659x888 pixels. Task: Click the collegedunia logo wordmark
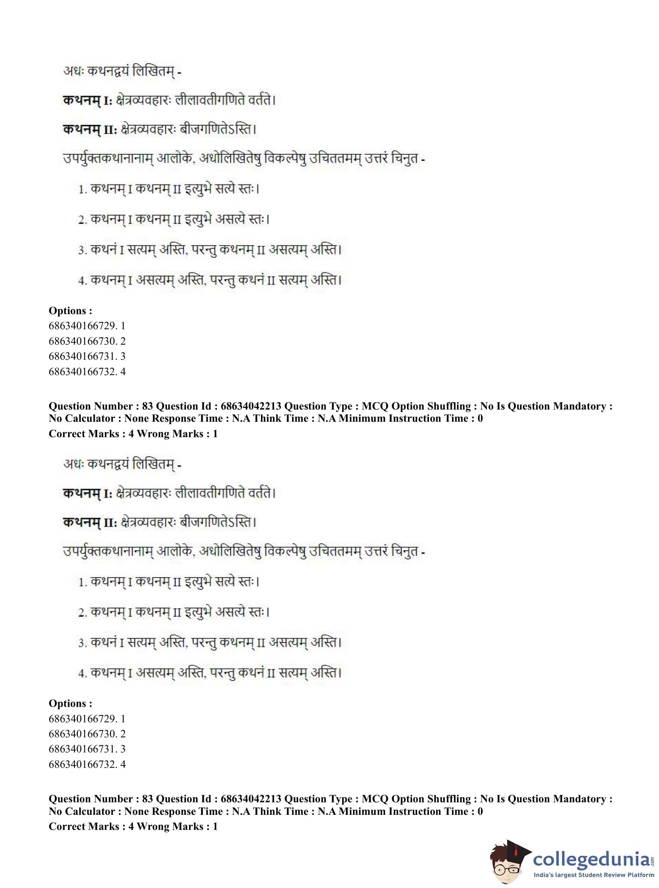click(592, 857)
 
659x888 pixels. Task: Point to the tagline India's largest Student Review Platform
click(594, 874)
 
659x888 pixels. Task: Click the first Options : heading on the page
click(70, 311)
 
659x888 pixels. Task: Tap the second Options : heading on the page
click(70, 703)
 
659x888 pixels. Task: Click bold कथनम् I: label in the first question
click(88, 100)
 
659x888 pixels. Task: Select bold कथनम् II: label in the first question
click(90, 130)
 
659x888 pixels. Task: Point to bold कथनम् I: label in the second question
click(88, 493)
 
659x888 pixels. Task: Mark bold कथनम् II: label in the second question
click(90, 523)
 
